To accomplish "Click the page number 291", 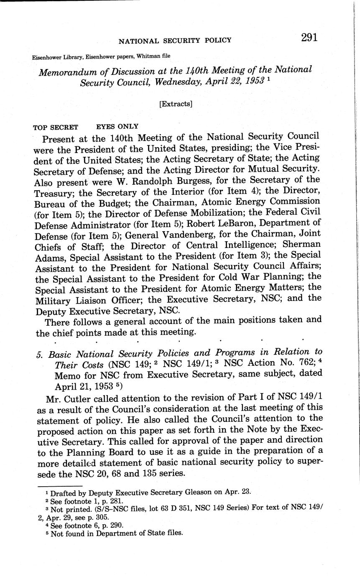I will point(309,37).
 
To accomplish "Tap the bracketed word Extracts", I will point(176,104).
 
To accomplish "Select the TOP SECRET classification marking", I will point(55,127).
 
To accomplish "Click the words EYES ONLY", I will point(117,126).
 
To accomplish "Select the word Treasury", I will point(54,192).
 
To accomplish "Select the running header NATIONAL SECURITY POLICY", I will point(175,40).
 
